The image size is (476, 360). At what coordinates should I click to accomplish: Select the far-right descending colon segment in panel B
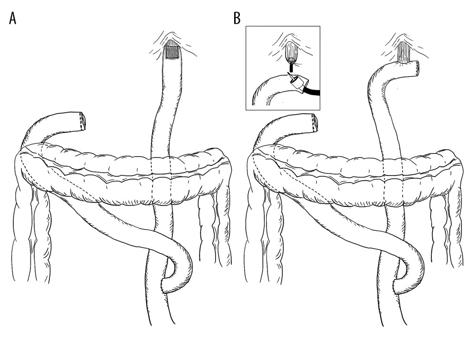tap(455, 224)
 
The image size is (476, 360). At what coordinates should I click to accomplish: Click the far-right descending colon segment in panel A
tap(224, 224)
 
